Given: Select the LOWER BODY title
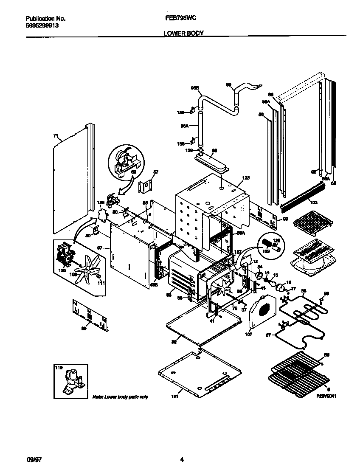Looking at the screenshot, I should coord(180,33).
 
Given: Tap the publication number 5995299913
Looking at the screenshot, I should coord(42,25).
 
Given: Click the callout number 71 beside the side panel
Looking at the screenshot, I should coord(55,135).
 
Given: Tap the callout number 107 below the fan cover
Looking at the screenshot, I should coord(249,335).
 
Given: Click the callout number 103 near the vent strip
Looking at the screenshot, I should coord(314,202).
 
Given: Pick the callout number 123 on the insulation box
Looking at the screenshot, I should coord(246,178).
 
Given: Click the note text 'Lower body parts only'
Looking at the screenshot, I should coord(120,397).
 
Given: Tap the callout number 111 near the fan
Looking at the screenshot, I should coord(101,283).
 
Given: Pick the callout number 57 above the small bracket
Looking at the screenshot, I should coord(155,172).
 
